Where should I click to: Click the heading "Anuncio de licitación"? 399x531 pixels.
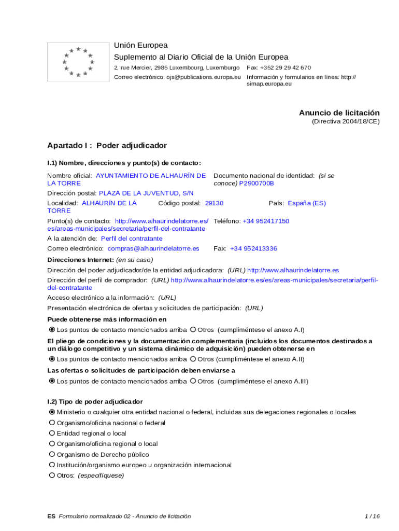pyautogui.click(x=339, y=113)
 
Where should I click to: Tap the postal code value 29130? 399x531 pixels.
pyautogui.click(x=215, y=203)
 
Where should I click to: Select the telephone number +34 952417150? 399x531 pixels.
pyautogui.click(x=266, y=221)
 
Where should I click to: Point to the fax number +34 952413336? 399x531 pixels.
pyautogui.click(x=253, y=248)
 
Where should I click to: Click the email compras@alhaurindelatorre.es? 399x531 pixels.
pyautogui.click(x=153, y=248)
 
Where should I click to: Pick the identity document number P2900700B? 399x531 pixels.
pyautogui.click(x=256, y=184)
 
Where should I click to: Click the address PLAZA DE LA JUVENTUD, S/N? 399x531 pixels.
pyautogui.click(x=146, y=193)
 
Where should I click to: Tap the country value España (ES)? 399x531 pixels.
pyautogui.click(x=307, y=203)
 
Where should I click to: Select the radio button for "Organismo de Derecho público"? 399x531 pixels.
pyautogui.click(x=52, y=454)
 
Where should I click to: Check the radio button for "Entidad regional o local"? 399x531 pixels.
pyautogui.click(x=52, y=433)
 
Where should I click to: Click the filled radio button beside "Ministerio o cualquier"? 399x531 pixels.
pyautogui.click(x=52, y=412)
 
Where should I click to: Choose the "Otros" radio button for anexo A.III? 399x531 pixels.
pyautogui.click(x=193, y=381)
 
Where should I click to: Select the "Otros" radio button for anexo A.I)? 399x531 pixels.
pyautogui.click(x=193, y=329)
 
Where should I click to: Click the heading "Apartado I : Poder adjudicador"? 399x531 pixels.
pyautogui.click(x=107, y=145)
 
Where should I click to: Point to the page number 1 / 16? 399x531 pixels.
pyautogui.click(x=372, y=516)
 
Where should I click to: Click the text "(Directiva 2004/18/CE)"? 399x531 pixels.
pyautogui.click(x=345, y=121)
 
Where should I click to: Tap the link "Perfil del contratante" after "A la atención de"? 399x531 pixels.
pyautogui.click(x=132, y=239)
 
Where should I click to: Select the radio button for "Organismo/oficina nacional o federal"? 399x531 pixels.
pyautogui.click(x=52, y=423)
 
